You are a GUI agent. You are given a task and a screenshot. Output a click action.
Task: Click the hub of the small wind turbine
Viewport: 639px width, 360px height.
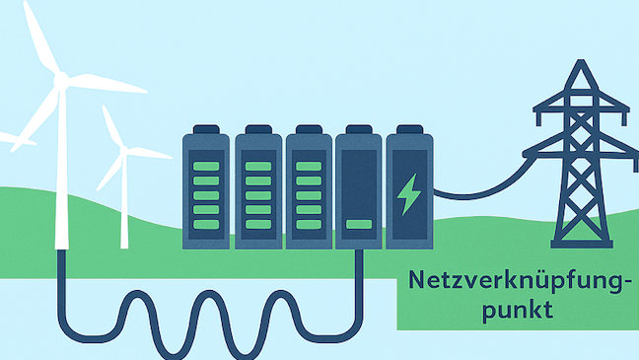point(123,151)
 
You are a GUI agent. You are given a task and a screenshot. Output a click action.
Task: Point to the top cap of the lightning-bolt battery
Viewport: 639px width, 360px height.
point(408,129)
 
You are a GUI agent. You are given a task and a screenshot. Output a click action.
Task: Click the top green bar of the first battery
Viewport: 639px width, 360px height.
point(205,153)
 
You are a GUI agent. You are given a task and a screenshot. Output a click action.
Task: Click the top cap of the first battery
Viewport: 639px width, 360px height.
point(205,129)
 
